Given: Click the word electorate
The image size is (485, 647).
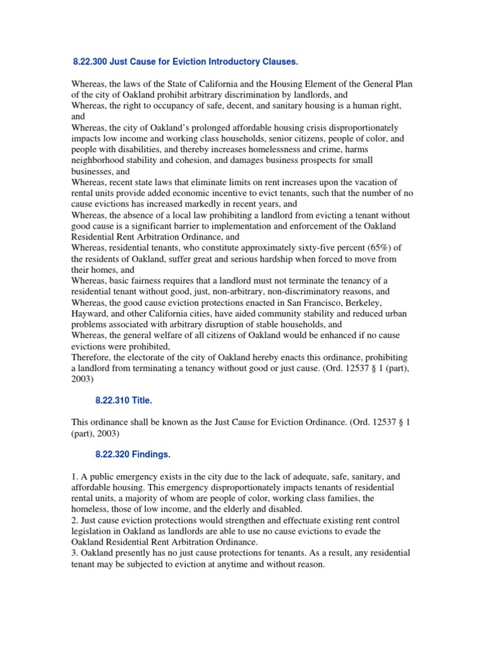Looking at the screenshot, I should pyautogui.click(x=155, y=358).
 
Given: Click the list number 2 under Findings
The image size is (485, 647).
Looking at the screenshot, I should pyautogui.click(x=73, y=519).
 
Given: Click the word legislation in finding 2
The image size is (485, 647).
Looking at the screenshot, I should pyautogui.click(x=92, y=531).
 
